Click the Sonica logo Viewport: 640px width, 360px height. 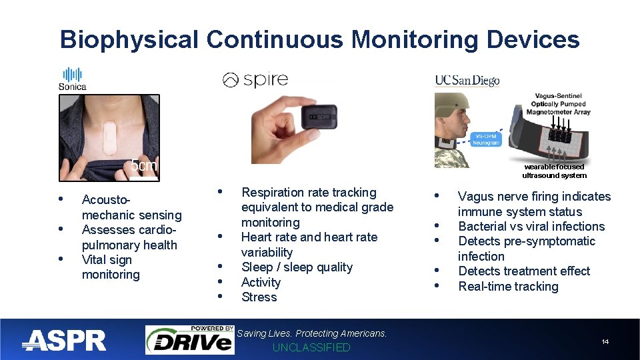(71, 78)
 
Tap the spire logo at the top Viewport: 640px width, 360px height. (255, 80)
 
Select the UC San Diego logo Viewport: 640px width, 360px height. (467, 81)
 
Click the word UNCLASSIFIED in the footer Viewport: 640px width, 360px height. (311, 347)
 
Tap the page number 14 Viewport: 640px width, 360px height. (605, 342)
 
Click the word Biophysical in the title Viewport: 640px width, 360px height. (129, 40)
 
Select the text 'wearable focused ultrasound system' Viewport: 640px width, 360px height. (554, 171)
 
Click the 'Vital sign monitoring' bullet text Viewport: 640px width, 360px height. (111, 267)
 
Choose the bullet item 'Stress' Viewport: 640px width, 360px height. (259, 297)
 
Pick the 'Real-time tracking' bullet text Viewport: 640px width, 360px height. (508, 287)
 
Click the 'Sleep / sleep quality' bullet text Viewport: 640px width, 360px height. (297, 267)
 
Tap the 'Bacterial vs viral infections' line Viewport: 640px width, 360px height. (531, 227)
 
